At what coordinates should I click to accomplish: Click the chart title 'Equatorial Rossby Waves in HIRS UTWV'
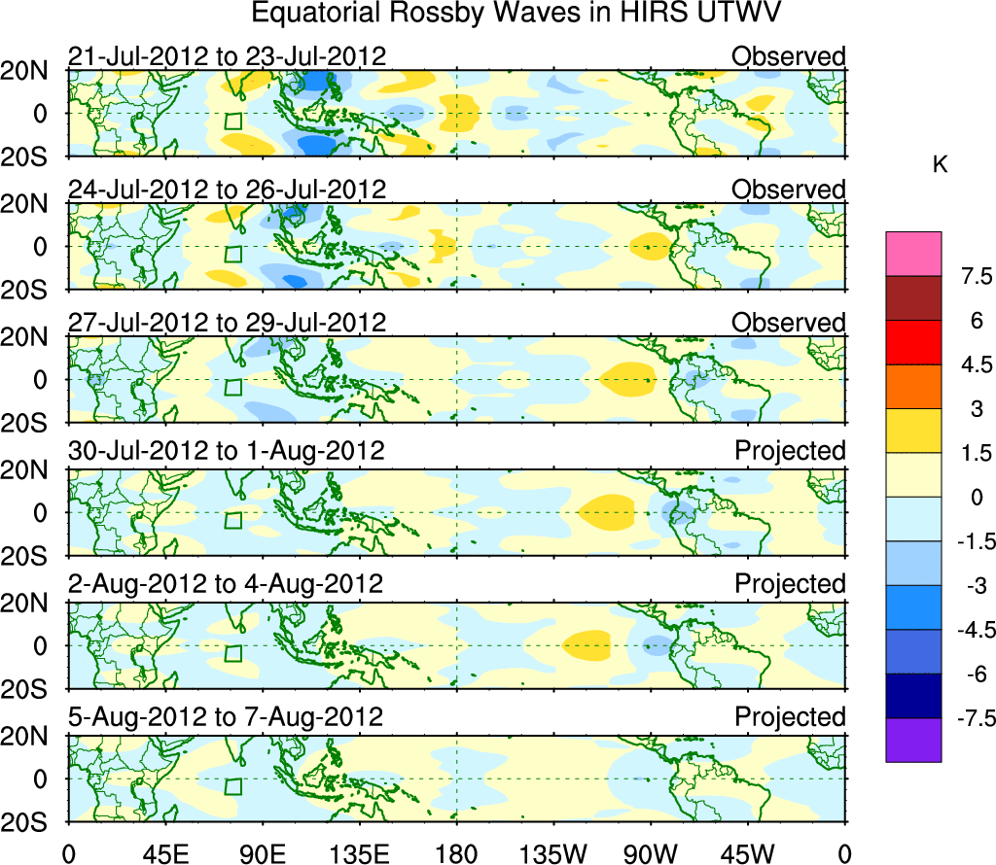click(x=517, y=14)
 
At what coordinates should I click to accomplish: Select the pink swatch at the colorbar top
click(x=913, y=254)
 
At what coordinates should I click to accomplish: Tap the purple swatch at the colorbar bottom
click(x=913, y=740)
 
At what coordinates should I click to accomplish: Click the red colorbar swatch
click(x=913, y=342)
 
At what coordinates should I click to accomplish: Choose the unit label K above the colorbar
click(x=940, y=166)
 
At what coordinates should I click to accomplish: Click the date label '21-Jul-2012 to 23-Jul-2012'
click(x=228, y=56)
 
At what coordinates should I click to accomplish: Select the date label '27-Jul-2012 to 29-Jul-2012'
click(x=228, y=323)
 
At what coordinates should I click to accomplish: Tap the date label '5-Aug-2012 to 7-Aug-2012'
click(x=226, y=717)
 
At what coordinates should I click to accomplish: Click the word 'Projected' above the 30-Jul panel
click(x=790, y=451)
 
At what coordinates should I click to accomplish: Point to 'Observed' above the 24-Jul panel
click(x=789, y=190)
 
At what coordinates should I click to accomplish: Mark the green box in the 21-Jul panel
click(x=232, y=121)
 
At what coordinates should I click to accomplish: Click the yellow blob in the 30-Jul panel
click(x=607, y=510)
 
